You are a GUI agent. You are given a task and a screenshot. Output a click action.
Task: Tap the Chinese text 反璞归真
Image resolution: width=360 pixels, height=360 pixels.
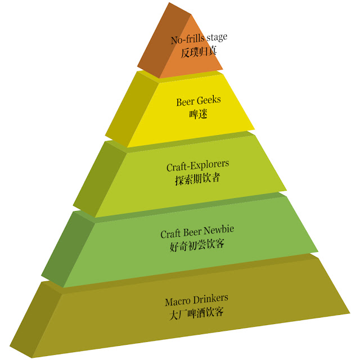pos(199,51)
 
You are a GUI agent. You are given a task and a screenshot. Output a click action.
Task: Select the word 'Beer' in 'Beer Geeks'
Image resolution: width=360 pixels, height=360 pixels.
pos(186,101)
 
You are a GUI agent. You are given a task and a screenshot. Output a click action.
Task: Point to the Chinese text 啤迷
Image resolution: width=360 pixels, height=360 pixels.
pos(198,114)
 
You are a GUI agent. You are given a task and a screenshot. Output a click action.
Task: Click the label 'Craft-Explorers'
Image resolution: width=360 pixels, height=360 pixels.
pos(198,167)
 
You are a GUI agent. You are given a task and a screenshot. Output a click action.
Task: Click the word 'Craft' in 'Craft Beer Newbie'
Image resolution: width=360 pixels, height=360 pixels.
pos(171,233)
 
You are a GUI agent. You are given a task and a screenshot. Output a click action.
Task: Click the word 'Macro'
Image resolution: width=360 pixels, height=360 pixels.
pos(178,299)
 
